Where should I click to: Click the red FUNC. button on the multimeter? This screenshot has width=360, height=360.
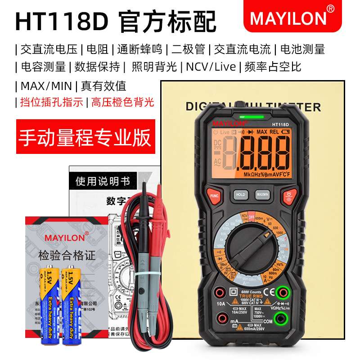213,196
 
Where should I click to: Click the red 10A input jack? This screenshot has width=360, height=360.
220,293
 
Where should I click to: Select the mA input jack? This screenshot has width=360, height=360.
220,319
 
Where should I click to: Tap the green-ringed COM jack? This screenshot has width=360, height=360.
282,319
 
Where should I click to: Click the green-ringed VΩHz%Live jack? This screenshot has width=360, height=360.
282,292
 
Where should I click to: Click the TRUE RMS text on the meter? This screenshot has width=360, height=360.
251,296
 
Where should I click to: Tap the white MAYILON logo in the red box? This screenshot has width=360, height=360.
288,18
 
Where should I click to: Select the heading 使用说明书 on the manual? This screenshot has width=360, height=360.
103,181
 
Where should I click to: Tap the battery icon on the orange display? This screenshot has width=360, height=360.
235,132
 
